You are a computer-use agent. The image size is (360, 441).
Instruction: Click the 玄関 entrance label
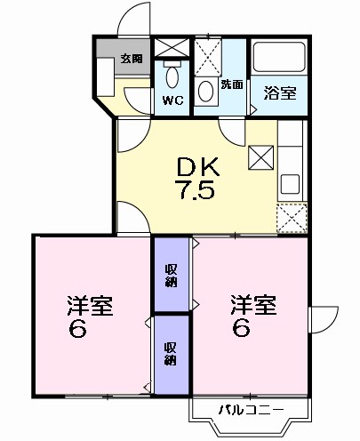click(x=131, y=59)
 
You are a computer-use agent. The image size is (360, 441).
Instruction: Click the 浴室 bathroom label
click(x=279, y=93)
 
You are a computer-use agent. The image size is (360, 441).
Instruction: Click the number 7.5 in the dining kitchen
click(x=197, y=190)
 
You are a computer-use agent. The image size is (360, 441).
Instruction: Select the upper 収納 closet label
click(x=171, y=277)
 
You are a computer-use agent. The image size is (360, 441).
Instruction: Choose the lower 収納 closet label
click(x=171, y=354)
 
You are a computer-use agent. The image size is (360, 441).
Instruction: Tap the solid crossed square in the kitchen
click(x=261, y=158)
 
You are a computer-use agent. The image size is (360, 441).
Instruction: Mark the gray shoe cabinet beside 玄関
click(x=108, y=59)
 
